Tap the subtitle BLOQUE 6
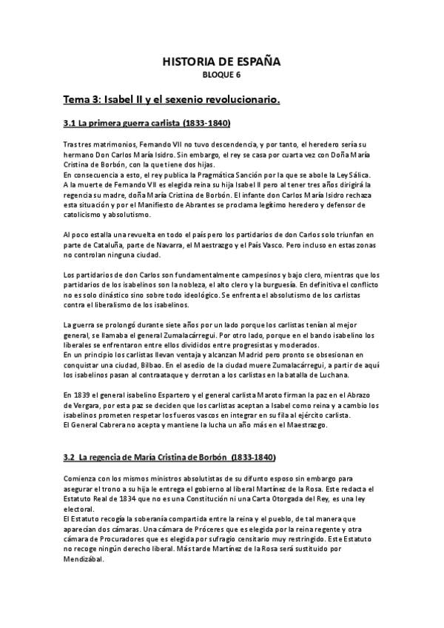coord(221,75)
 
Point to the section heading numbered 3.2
coord(169,458)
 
